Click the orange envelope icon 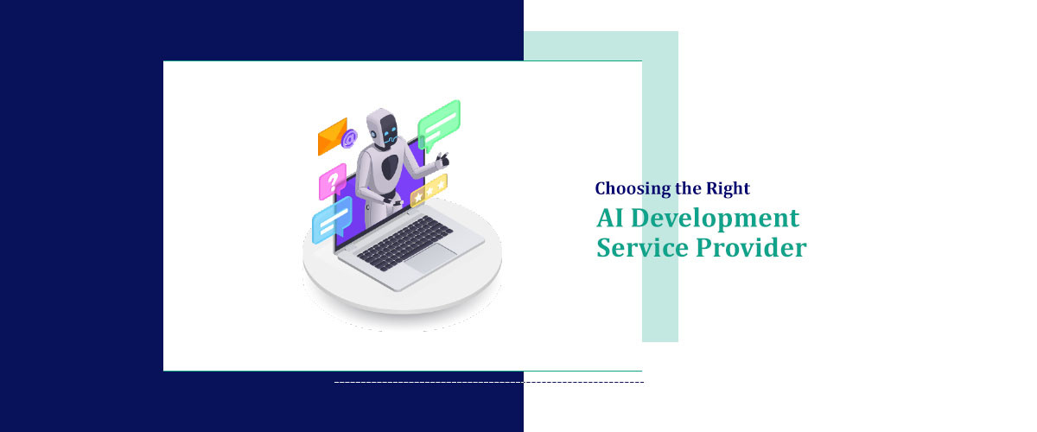click(x=332, y=137)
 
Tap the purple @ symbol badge click(x=349, y=137)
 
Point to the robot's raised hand click(x=442, y=159)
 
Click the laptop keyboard click(x=403, y=241)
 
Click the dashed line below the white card click(x=488, y=382)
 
